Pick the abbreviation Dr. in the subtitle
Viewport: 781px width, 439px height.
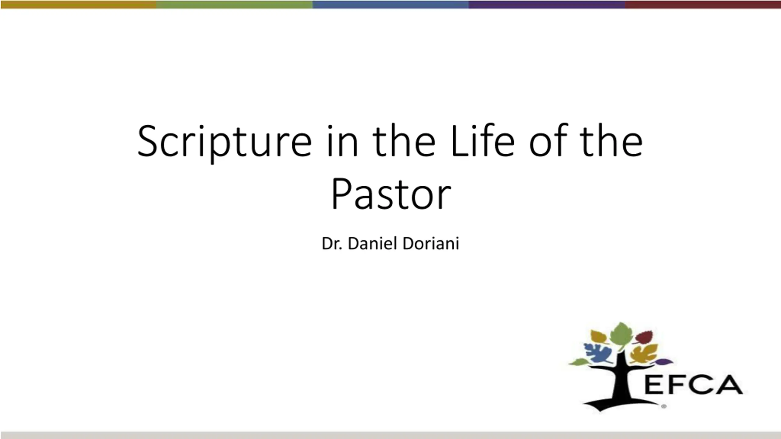point(332,244)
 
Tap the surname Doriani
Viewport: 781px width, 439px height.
point(431,243)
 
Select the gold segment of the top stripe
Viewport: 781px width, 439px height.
point(78,5)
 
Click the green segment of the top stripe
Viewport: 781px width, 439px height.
point(235,5)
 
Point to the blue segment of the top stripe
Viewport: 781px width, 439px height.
point(391,5)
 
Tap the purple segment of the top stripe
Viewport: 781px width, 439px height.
point(547,5)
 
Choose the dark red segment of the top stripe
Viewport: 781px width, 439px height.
point(703,5)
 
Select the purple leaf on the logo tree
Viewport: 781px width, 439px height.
point(664,362)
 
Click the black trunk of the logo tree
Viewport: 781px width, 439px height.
point(619,384)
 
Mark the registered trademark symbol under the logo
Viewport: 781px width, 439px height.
point(664,406)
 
